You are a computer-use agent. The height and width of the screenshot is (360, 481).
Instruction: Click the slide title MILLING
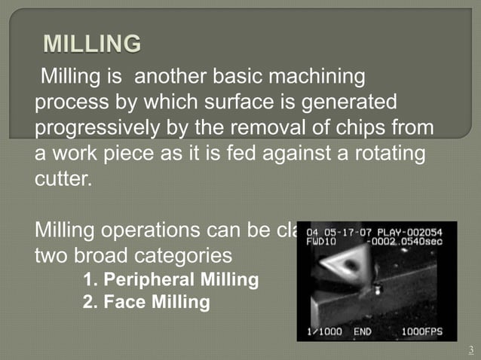click(x=92, y=44)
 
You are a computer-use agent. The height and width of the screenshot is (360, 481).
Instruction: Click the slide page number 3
click(x=470, y=349)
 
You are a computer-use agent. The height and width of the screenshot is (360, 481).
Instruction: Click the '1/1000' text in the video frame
click(x=325, y=331)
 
